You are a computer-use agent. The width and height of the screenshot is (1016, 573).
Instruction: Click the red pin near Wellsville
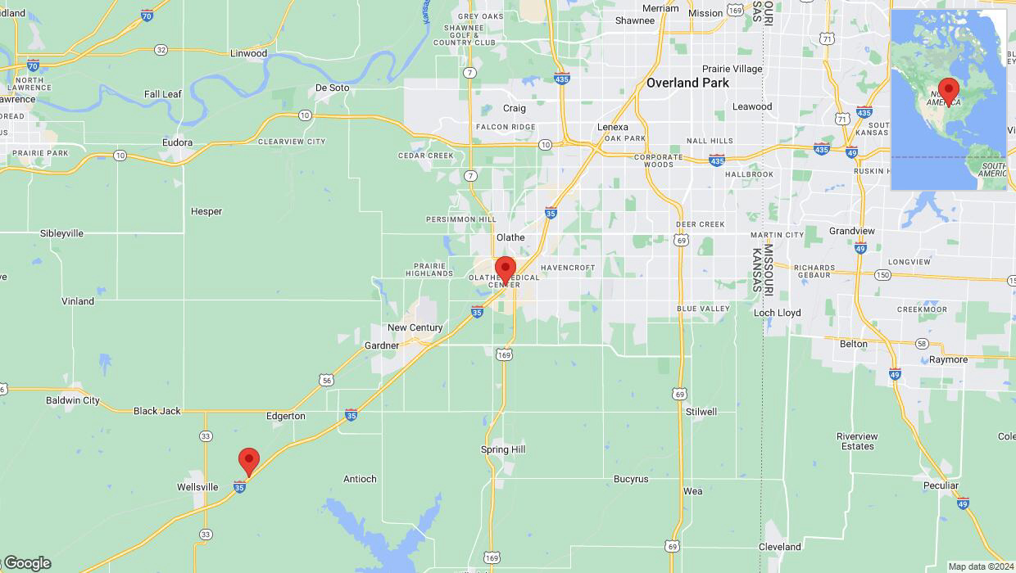pos(249,461)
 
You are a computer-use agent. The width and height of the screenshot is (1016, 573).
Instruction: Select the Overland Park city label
pos(687,83)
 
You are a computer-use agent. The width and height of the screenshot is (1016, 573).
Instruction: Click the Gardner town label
pos(382,345)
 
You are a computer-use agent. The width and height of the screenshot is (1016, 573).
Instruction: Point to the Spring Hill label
pos(503,449)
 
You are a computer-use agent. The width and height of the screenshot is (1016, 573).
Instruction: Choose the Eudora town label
pos(177,142)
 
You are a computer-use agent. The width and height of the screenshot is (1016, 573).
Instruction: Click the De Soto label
pos(332,88)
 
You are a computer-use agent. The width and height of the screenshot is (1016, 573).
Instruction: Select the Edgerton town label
pos(285,416)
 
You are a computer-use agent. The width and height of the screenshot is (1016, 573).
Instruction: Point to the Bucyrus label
pos(631,479)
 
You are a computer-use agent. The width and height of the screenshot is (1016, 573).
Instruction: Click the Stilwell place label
pos(701,412)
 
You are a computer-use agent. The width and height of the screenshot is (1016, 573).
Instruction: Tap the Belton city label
pos(853,344)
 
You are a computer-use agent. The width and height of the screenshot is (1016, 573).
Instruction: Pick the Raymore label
pos(948,359)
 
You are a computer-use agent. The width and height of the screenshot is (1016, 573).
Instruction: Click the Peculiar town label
pos(941,485)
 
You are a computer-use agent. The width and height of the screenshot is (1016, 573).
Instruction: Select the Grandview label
pos(852,231)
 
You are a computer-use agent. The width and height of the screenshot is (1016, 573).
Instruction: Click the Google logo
pos(28,563)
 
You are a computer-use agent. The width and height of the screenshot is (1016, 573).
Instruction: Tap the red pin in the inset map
pos(949,90)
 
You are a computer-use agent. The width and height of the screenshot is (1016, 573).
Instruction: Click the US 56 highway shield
pos(327,380)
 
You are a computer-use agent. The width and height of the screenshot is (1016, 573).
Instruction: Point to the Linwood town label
pos(248,53)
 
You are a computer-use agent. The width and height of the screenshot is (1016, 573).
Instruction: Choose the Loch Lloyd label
pos(778,313)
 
